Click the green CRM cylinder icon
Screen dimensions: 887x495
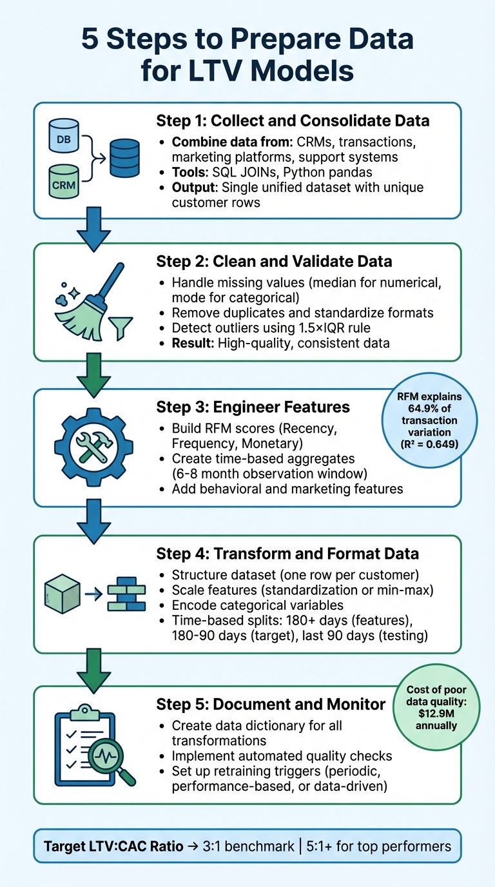click(x=64, y=181)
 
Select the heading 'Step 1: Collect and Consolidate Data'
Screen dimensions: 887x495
click(x=293, y=121)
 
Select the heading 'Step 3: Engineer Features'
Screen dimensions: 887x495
click(x=253, y=407)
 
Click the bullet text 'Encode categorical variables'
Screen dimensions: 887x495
click(x=257, y=605)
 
